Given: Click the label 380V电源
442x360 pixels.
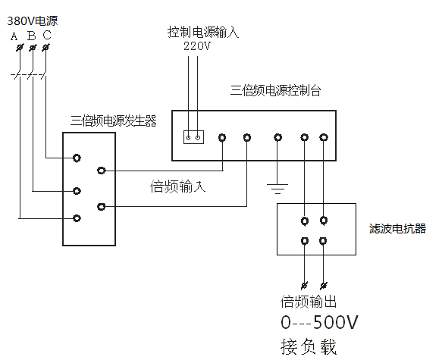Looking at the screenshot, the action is point(33,21).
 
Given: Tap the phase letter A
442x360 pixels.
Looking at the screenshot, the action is point(14,36).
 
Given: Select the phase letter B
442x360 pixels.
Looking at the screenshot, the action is point(32,36).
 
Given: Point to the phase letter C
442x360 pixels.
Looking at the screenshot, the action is point(47,35).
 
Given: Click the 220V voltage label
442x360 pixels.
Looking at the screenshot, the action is point(197,46).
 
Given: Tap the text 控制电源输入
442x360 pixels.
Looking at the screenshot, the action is point(203,32).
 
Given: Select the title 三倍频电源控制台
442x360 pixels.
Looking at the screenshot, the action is point(275,91).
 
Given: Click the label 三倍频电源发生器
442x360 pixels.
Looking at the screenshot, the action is point(113,121).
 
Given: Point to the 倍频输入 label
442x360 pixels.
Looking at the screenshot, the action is point(178,186).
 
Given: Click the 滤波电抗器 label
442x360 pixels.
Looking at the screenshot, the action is point(397,228).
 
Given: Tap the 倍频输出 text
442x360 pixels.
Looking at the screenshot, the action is point(309,302).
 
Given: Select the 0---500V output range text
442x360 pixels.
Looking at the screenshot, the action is point(319,322).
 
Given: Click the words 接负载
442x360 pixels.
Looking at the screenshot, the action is point(309,346).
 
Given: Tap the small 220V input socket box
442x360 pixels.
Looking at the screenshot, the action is point(193,137).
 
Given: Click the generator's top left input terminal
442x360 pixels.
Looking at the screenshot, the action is point(77,158).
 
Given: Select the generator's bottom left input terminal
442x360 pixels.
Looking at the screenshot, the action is point(77,218).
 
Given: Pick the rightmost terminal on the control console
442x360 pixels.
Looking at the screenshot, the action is point(324,137).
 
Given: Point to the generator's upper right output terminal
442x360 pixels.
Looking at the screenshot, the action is point(101,171).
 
